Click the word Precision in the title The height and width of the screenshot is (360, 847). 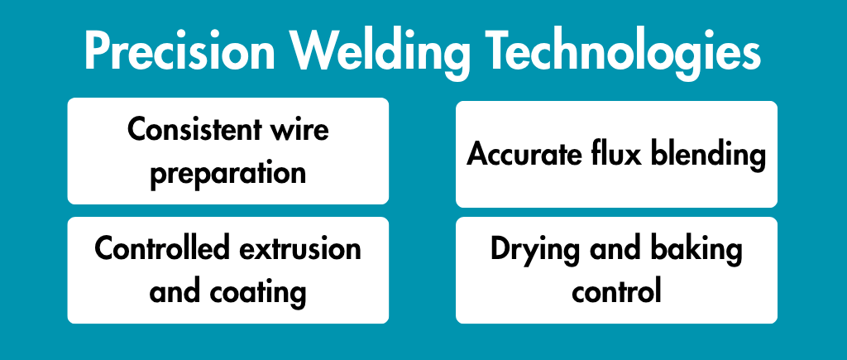[x=179, y=52]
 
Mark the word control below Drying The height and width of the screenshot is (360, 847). [x=617, y=292]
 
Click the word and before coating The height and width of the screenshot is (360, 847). [x=175, y=292]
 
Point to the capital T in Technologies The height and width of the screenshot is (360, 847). [x=497, y=52]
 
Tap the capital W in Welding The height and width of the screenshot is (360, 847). [x=317, y=52]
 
